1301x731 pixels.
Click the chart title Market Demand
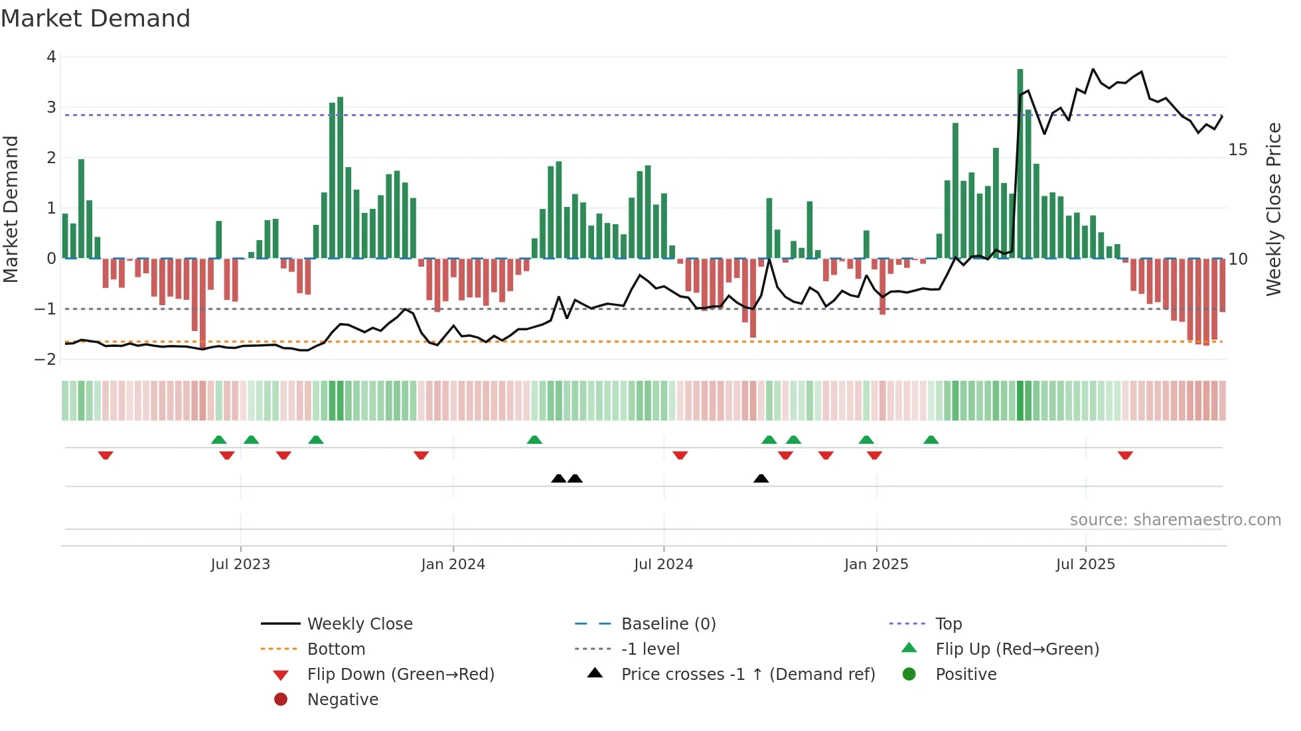pyautogui.click(x=96, y=19)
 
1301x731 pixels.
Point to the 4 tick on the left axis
pyautogui.click(x=51, y=57)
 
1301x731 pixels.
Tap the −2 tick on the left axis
pyautogui.click(x=46, y=360)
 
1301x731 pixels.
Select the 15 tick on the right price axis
pyautogui.click(x=1237, y=150)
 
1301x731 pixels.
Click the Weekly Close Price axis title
pyautogui.click(x=1273, y=209)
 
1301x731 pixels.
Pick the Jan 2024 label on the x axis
pyautogui.click(x=453, y=565)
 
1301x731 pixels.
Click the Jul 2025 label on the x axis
pyautogui.click(x=1085, y=565)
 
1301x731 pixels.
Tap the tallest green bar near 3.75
pyautogui.click(x=1020, y=163)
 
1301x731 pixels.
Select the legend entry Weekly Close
pyautogui.click(x=360, y=624)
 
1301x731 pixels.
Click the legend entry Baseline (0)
pyautogui.click(x=668, y=624)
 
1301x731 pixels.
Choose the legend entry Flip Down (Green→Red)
pyautogui.click(x=400, y=675)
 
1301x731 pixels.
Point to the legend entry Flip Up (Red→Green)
pyautogui.click(x=1017, y=649)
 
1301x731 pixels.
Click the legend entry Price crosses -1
pyautogui.click(x=747, y=675)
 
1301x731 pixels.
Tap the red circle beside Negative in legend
pyautogui.click(x=281, y=700)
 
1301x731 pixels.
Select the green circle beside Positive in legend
pyautogui.click(x=909, y=675)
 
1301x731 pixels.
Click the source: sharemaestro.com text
pyautogui.click(x=1175, y=520)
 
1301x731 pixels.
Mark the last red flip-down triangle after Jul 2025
pyautogui.click(x=1125, y=455)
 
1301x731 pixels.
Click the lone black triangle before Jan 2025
pyautogui.click(x=761, y=478)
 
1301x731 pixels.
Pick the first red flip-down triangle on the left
pyautogui.click(x=106, y=455)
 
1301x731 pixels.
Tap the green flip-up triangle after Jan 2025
pyautogui.click(x=931, y=440)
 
